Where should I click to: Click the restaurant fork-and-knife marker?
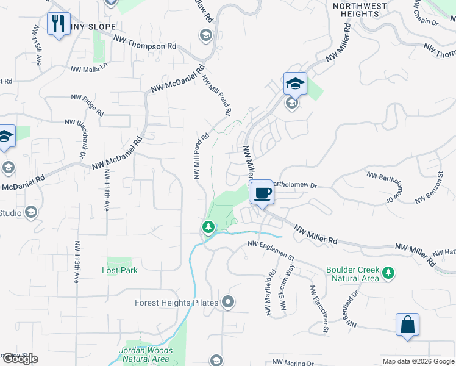[59, 24]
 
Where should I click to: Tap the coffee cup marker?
[262, 193]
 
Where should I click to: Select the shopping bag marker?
[407, 325]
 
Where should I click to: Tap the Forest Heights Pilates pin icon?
[229, 301]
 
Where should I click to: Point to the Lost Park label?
[119, 270]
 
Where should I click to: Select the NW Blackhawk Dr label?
[82, 138]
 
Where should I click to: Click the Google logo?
[20, 359]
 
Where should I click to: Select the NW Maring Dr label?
[293, 362]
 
